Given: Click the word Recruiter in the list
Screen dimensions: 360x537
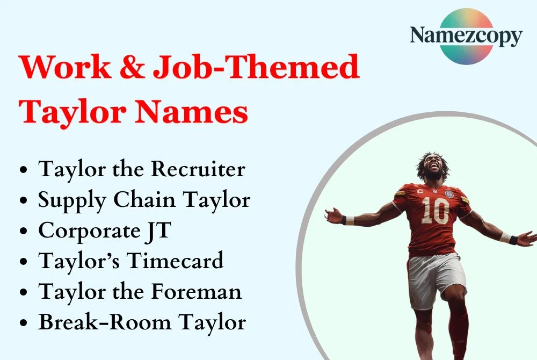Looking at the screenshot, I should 198,169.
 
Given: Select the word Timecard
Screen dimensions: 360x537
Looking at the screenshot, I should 175,262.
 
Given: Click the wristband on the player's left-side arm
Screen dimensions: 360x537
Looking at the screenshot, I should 350,220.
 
